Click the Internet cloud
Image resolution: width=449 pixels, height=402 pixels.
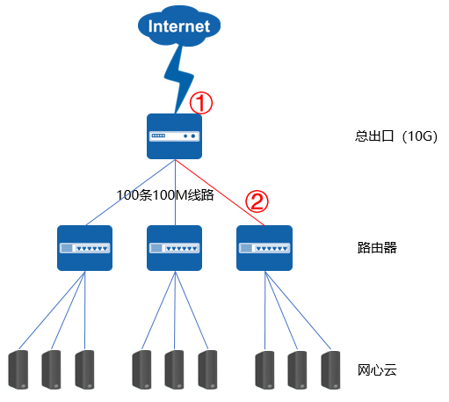179,26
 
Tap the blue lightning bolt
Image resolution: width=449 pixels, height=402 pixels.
179,78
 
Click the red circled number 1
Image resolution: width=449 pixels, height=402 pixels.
201,103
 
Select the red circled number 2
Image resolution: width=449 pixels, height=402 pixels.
257,201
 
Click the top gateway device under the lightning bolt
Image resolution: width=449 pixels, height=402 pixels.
174,136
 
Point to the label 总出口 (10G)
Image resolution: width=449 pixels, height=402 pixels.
396,136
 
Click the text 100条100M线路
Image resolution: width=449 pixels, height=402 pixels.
165,195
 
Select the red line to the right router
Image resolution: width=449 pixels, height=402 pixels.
220,193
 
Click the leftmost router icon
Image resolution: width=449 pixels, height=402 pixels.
84,248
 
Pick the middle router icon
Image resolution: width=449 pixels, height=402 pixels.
174,248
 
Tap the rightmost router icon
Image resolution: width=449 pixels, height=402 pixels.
264,248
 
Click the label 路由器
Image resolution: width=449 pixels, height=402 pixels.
377,248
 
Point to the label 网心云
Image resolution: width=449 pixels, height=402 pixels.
377,370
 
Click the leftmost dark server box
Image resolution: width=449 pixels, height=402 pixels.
18,369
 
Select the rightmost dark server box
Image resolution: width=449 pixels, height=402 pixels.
330,369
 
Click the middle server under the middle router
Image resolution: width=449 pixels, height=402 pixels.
174,369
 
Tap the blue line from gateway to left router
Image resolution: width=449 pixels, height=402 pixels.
130,193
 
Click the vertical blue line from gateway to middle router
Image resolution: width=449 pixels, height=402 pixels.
175,193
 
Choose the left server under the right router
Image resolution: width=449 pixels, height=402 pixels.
264,369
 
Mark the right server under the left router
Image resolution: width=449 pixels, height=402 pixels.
84,369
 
